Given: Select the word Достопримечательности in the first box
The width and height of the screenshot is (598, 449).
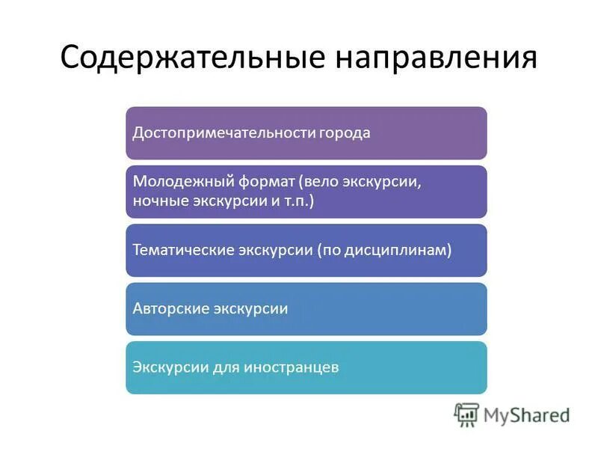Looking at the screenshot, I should (214, 133).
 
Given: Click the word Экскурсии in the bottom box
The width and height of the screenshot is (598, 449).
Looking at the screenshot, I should (165, 367).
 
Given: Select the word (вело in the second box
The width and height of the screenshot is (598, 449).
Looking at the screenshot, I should (317, 182).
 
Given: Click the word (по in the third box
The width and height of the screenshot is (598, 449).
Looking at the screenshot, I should (330, 250).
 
